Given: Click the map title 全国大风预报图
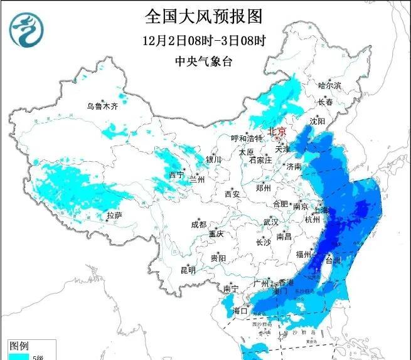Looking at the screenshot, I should (x=203, y=15).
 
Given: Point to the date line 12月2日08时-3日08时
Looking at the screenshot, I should (x=204, y=41).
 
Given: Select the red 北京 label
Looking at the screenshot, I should (x=276, y=131).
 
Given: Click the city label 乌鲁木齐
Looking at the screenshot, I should (x=102, y=106).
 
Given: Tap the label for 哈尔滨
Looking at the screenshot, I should (x=329, y=85).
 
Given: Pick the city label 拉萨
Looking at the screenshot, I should (x=114, y=215).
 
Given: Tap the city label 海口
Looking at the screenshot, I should (x=240, y=310).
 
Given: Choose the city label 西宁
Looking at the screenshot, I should (x=176, y=175).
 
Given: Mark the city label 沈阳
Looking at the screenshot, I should (x=318, y=120).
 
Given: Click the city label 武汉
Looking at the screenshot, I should (x=270, y=222).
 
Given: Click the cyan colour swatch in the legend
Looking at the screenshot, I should (x=19, y=356).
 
